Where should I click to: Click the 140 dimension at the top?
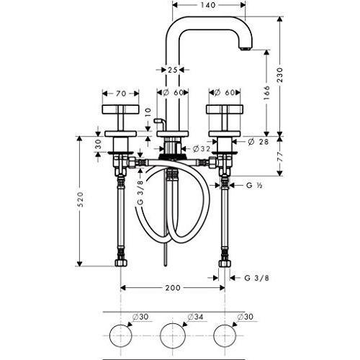(207, 5)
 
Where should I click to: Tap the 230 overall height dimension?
(280, 76)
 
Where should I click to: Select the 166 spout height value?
(266, 92)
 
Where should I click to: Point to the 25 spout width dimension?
(172, 70)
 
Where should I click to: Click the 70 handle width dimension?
(121, 94)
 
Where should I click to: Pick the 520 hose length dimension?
(80, 199)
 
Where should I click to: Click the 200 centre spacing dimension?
(173, 288)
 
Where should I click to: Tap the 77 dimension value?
(280, 157)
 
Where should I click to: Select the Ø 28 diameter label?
(258, 142)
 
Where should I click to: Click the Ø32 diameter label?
(202, 149)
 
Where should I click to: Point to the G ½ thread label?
(253, 185)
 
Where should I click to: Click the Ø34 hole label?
(195, 317)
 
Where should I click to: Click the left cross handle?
(121, 109)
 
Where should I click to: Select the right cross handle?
(225, 109)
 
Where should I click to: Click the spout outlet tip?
(245, 49)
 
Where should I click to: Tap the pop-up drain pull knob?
(158, 120)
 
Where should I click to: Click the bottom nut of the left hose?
(121, 263)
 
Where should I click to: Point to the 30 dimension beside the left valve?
(99, 144)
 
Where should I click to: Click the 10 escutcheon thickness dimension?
(148, 113)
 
